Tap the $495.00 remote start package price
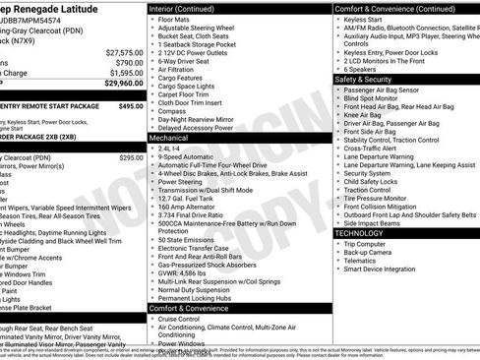[x=131, y=104]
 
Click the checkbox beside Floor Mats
[x=152, y=19]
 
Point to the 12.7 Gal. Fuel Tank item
[x=186, y=198]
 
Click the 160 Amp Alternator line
[x=186, y=207]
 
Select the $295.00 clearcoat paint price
[x=131, y=157]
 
